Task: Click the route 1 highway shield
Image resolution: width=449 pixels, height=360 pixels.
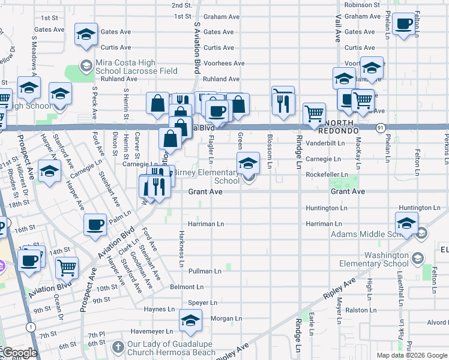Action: pyautogui.click(x=29, y=326)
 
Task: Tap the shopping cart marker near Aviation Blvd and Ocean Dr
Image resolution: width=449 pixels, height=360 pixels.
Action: pyautogui.click(x=67, y=268)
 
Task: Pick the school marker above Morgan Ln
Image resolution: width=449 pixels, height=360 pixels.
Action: pyautogui.click(x=190, y=322)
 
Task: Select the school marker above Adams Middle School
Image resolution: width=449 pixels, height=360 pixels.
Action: pyautogui.click(x=406, y=223)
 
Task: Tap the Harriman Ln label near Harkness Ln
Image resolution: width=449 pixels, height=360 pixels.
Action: pyautogui.click(x=205, y=224)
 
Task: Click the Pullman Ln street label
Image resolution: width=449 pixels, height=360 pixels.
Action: pyautogui.click(x=205, y=271)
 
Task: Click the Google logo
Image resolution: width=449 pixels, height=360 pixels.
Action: pyautogui.click(x=20, y=353)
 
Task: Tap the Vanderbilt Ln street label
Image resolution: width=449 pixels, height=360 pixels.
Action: pyautogui.click(x=325, y=143)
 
